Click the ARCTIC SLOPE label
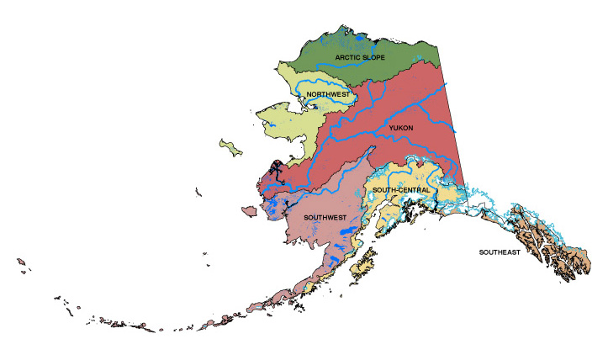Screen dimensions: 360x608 (x=359, y=58)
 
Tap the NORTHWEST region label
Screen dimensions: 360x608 (x=328, y=94)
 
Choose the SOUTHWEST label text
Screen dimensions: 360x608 (x=325, y=217)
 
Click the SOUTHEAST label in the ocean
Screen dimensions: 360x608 (x=500, y=252)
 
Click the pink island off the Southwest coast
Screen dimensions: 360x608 (x=249, y=209)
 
